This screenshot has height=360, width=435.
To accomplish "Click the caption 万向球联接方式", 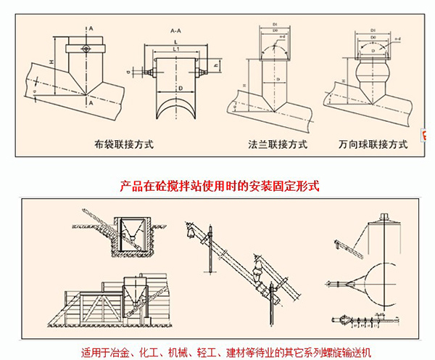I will tap(373, 144).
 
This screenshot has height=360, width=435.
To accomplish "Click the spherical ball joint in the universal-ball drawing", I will tap(370, 75).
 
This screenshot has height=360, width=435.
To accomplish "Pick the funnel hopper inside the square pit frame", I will tap(132, 231).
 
